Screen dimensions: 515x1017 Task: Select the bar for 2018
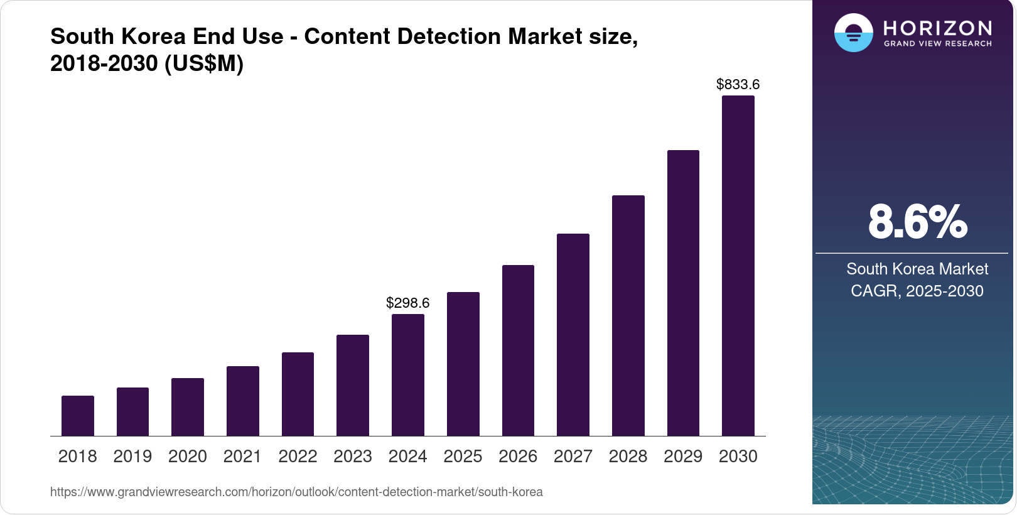[78, 416]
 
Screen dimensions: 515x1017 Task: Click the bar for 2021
[243, 401]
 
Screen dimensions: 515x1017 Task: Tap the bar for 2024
[408, 375]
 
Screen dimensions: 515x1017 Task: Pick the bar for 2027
[573, 335]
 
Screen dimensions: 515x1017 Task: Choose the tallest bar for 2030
[738, 266]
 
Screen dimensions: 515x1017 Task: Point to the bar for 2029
[683, 293]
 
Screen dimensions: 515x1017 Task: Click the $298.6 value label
[408, 303]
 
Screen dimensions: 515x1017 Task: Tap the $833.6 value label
[738, 84]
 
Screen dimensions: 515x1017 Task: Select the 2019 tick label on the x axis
[132, 457]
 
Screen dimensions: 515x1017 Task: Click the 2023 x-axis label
[353, 457]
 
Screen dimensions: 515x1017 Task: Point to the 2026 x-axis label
[518, 457]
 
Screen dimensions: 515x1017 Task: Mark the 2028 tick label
[628, 457]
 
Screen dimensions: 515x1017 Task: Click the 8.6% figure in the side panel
[917, 222]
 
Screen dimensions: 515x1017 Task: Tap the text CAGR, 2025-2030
[917, 291]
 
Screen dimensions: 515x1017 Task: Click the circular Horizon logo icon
[853, 33]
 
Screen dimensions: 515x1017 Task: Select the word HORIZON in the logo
[938, 28]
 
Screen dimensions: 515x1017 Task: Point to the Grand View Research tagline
[938, 44]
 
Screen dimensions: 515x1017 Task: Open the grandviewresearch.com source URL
[296, 492]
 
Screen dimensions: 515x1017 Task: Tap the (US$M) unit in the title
[204, 63]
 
